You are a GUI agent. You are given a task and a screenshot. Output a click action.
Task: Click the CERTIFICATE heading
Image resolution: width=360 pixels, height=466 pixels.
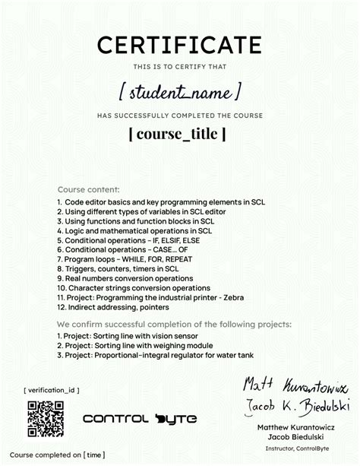tap(179, 46)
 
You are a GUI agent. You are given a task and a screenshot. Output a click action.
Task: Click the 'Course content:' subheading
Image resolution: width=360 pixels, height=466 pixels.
tap(88, 189)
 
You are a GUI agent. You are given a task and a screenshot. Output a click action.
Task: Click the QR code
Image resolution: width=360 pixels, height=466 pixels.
tap(44, 418)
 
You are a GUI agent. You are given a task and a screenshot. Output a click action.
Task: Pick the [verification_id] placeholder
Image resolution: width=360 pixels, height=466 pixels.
tap(52, 390)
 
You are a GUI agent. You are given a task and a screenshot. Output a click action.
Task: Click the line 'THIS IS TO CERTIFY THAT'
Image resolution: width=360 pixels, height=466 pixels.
tap(179, 68)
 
